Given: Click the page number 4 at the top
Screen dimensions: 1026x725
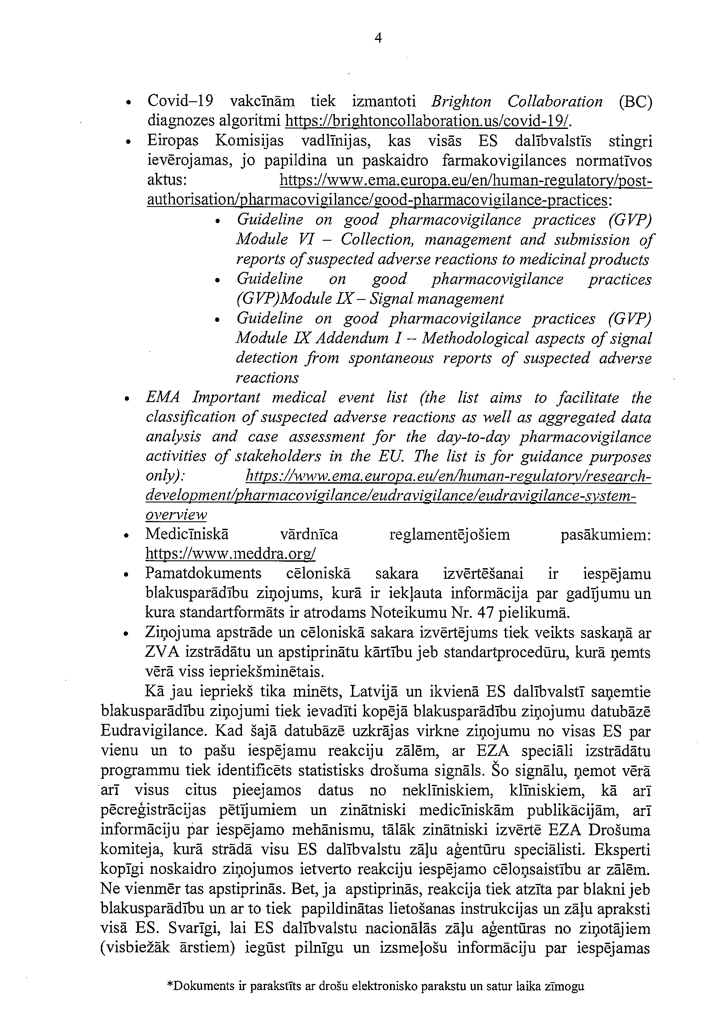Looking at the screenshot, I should pos(378,39).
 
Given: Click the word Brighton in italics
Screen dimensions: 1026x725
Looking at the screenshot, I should pos(461,102).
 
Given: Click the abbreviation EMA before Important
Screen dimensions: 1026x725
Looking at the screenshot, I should pos(163,398).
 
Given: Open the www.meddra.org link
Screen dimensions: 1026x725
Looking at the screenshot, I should pos(231,554).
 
